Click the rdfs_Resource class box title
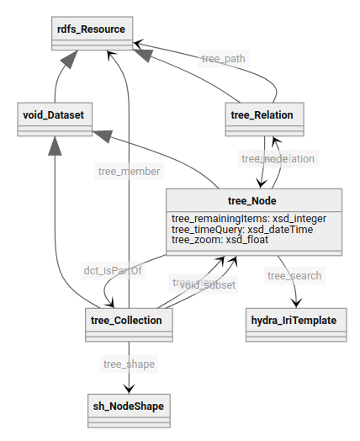(x=90, y=29)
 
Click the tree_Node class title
(x=254, y=200)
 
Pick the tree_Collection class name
(x=130, y=320)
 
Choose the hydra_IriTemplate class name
(x=294, y=320)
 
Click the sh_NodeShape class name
(x=129, y=406)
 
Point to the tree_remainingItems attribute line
(x=248, y=218)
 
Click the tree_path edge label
(x=224, y=59)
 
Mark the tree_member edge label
(x=129, y=171)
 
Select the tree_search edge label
(x=294, y=275)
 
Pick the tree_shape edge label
(x=129, y=364)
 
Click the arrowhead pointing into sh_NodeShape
(x=129, y=389)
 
